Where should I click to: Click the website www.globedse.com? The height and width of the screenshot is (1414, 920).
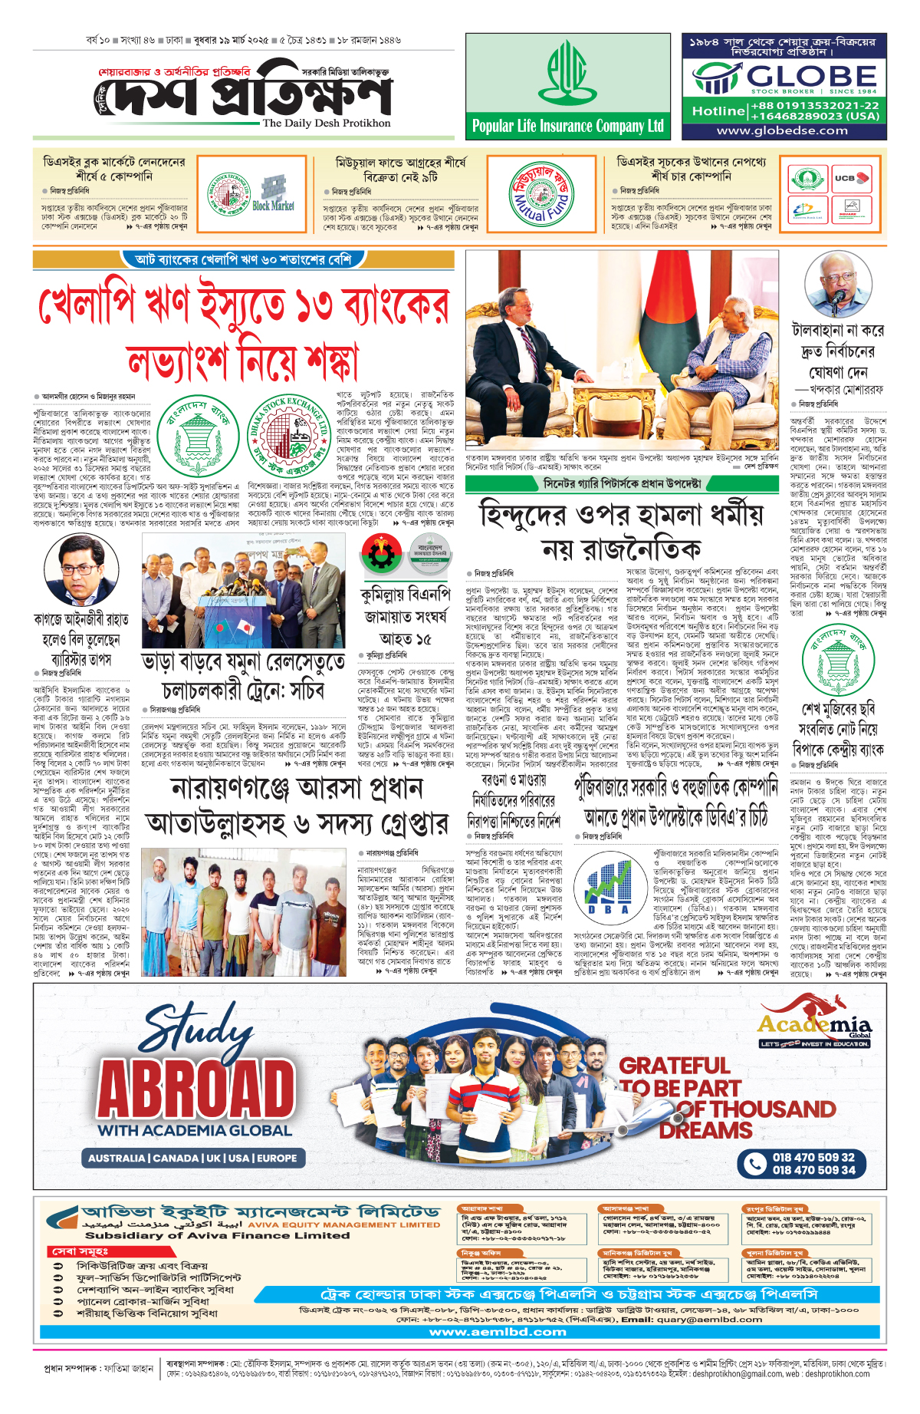coord(783,130)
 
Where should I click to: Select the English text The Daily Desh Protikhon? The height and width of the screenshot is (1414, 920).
coord(326,123)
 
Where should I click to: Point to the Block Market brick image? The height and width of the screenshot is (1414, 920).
coord(273,192)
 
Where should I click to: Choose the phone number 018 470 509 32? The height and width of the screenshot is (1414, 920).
coord(813,1157)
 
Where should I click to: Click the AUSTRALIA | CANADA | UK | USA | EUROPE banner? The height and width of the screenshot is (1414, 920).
coord(192,1158)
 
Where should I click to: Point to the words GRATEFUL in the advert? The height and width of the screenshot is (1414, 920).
coord(675,1066)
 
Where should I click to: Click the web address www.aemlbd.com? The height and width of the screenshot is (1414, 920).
coord(498,1332)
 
